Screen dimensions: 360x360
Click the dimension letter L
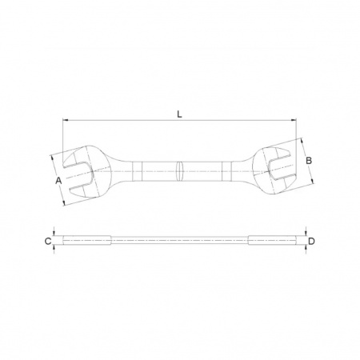[179, 114]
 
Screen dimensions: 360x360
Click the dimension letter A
[58, 181]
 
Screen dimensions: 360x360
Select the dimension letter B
[309, 161]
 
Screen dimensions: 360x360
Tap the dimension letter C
[48, 242]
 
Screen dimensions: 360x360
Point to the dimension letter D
[311, 242]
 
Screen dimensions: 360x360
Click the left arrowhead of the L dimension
[66, 120]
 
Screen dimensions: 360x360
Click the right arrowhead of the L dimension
[293, 120]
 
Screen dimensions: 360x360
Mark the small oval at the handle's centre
[180, 171]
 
